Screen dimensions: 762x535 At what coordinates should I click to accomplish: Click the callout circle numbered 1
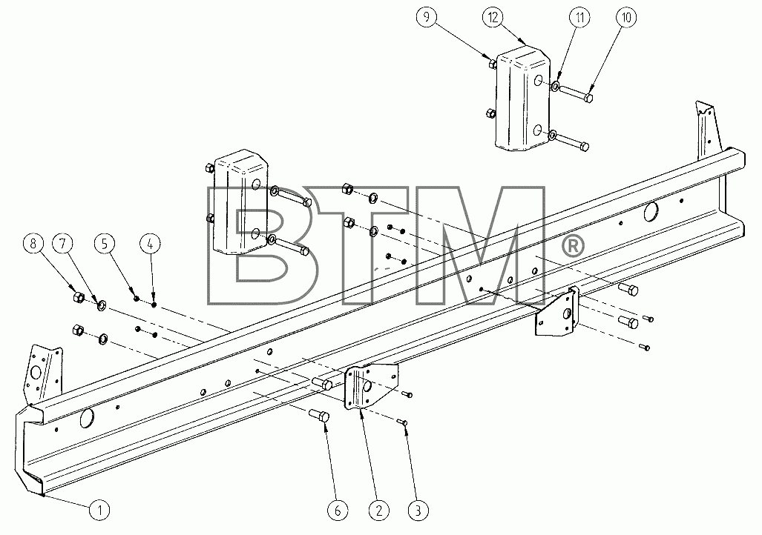point(99,511)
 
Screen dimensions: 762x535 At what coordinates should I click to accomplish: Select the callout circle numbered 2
point(379,511)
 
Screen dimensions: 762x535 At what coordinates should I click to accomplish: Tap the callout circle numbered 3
point(418,511)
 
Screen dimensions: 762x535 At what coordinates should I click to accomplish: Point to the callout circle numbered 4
point(150,245)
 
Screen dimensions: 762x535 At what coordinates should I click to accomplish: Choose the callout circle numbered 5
point(105,245)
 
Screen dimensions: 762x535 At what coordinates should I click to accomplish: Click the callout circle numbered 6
point(338,511)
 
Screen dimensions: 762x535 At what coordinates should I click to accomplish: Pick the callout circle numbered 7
point(62,244)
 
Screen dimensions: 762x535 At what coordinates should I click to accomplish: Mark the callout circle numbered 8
point(33,244)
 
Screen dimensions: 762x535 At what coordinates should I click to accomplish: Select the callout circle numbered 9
point(427,18)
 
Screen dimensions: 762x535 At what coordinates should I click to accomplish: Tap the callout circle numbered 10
point(626,18)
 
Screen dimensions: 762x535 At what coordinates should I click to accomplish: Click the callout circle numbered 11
point(579,18)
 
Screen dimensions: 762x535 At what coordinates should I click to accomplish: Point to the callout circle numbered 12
point(493,18)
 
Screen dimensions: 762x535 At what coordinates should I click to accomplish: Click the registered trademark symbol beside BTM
point(573,246)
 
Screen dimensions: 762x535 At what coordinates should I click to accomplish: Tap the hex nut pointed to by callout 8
point(78,296)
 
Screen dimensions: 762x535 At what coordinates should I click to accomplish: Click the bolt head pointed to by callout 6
point(322,416)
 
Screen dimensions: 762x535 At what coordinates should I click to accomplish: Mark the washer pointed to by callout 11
point(555,87)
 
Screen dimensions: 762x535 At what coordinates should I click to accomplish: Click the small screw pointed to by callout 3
point(402,422)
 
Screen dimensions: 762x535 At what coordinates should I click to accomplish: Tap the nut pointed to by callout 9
point(491,63)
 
